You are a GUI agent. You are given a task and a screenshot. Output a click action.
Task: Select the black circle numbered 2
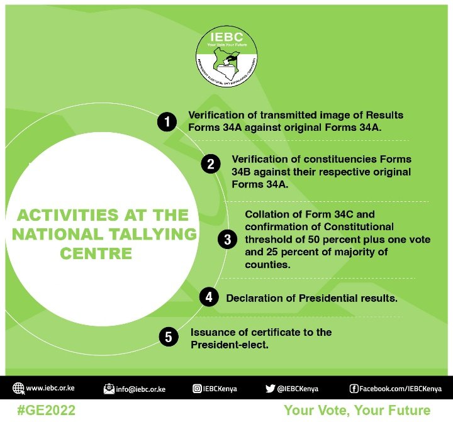(211, 165)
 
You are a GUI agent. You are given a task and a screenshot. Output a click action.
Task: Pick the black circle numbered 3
(227, 239)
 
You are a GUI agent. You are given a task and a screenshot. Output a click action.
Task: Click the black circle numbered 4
(209, 297)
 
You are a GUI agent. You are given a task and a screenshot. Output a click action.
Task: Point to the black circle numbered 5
(168, 337)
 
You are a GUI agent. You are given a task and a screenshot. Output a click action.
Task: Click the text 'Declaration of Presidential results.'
(311, 297)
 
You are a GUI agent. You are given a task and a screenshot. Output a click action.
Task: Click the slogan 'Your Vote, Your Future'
(357, 410)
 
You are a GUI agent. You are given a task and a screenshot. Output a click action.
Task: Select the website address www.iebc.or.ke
(51, 389)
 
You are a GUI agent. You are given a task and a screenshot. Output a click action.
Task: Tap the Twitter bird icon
(270, 389)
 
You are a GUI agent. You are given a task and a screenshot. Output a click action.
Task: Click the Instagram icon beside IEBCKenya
(197, 389)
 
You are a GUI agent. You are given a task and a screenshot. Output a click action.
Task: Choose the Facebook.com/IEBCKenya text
(400, 389)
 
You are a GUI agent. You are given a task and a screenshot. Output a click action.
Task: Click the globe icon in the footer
(18, 389)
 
